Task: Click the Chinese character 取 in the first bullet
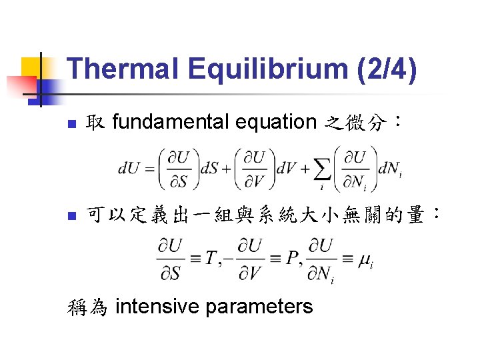[x=95, y=122]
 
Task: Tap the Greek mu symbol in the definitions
[x=366, y=261]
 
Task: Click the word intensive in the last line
[x=158, y=307]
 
